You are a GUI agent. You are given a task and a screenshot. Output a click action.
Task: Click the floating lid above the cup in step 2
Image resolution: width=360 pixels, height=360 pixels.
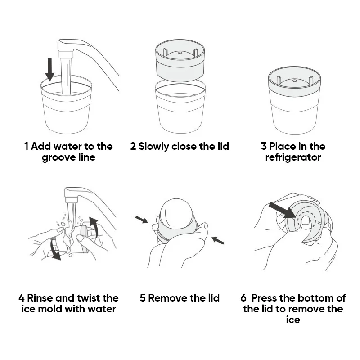tap(180, 60)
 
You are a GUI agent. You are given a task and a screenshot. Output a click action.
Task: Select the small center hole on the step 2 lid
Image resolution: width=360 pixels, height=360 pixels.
tap(180, 53)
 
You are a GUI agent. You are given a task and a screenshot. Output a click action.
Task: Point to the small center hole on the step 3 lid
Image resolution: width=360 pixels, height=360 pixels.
tap(295, 81)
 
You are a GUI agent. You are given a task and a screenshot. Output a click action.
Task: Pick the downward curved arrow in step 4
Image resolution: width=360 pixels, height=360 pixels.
tap(54, 250)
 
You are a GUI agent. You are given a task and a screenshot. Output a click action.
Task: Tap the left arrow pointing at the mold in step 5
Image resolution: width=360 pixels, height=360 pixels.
tap(142, 220)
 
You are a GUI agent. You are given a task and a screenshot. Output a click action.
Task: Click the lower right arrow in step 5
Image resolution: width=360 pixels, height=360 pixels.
tap(218, 240)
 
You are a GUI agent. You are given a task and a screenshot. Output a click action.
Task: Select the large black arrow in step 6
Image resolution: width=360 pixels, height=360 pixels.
tap(282, 210)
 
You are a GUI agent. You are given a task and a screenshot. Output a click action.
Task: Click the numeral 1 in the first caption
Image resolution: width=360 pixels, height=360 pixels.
tap(27, 147)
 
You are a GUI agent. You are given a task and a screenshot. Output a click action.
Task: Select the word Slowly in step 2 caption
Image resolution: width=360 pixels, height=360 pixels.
tap(153, 147)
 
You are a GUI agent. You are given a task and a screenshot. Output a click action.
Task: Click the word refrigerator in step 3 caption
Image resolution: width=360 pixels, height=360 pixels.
tap(293, 158)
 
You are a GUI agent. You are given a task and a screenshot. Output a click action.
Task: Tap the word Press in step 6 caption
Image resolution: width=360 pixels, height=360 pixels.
tap(264, 298)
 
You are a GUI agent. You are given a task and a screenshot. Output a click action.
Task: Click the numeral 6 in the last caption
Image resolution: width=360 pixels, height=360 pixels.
tap(243, 298)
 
